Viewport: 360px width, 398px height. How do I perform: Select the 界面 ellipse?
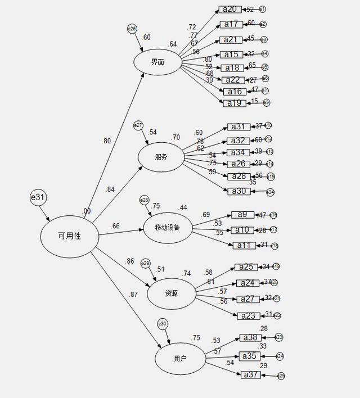pyautogui.click(x=157, y=62)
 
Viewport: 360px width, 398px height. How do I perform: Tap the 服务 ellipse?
pyautogui.click(x=161, y=157)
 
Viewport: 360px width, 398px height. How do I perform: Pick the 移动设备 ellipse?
pyautogui.click(x=167, y=228)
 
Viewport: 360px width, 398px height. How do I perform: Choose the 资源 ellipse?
pyautogui.click(x=172, y=293)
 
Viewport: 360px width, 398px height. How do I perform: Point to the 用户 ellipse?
pyautogui.click(x=180, y=358)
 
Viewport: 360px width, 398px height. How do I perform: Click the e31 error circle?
pyautogui.click(x=38, y=197)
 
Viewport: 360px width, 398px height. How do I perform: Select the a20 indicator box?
pyautogui.click(x=230, y=10)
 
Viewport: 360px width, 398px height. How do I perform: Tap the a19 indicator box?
pyautogui.click(x=235, y=103)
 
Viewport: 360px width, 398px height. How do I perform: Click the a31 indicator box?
pyautogui.click(x=239, y=126)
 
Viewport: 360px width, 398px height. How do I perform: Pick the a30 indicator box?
pyautogui.click(x=239, y=191)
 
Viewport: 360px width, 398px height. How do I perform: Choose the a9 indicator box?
pyautogui.click(x=242, y=215)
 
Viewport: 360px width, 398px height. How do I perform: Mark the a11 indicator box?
pyautogui.click(x=244, y=245)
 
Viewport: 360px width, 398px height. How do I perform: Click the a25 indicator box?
pyautogui.click(x=246, y=267)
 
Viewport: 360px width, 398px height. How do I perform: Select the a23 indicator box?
pyautogui.click(x=248, y=315)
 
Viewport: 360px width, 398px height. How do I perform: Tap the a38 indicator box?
pyautogui.click(x=250, y=337)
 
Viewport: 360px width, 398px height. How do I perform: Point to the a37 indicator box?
pyautogui.click(x=251, y=375)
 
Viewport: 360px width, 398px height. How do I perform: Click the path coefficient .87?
pyautogui.click(x=133, y=295)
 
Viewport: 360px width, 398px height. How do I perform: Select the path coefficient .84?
pyautogui.click(x=110, y=189)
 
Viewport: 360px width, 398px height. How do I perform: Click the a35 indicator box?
pyautogui.click(x=250, y=356)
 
